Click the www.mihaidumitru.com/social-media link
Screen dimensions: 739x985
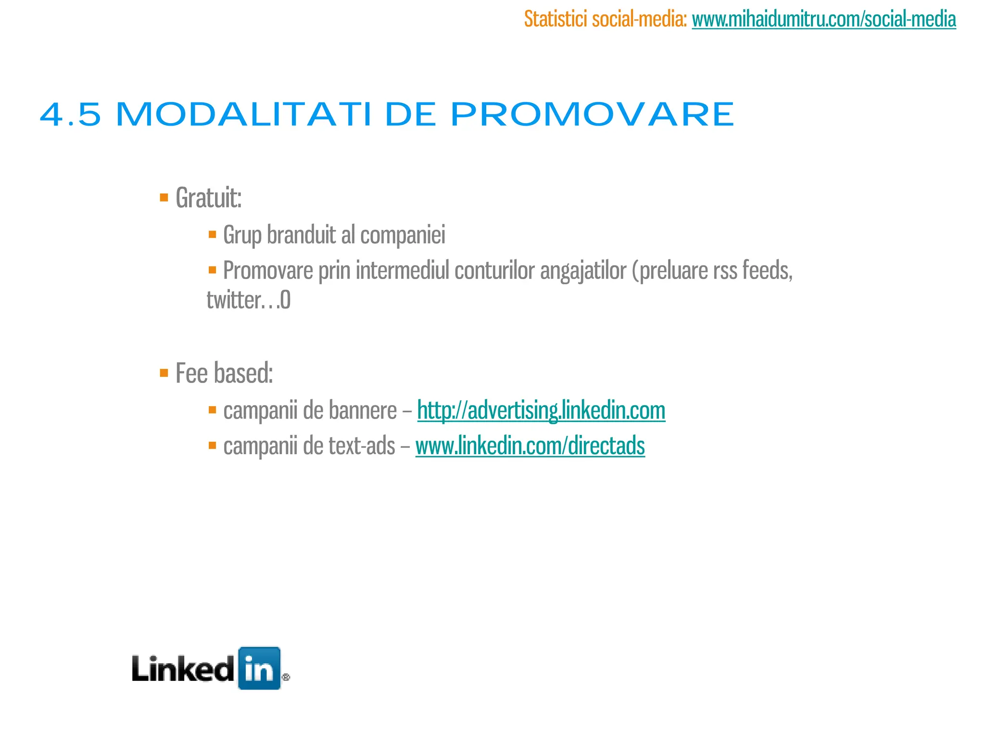pyautogui.click(x=823, y=19)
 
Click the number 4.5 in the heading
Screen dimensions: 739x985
pyautogui.click(x=70, y=115)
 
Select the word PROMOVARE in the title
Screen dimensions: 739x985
pyautogui.click(x=592, y=115)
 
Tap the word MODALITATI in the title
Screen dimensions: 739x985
pyautogui.click(x=244, y=115)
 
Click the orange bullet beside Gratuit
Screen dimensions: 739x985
pyautogui.click(x=164, y=197)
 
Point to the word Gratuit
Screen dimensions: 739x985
pyautogui.click(x=208, y=197)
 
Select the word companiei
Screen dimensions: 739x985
pyautogui.click(x=403, y=235)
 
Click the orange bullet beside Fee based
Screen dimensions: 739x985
pyautogui.click(x=164, y=373)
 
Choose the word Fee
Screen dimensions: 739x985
pyautogui.click(x=191, y=373)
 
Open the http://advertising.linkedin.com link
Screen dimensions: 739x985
pyautogui.click(x=541, y=410)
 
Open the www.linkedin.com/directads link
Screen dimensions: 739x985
pyautogui.click(x=530, y=446)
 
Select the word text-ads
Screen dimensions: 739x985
pyautogui.click(x=362, y=446)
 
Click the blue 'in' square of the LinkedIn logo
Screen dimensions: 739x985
pyautogui.click(x=259, y=668)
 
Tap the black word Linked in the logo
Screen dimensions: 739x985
pyautogui.click(x=183, y=669)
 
